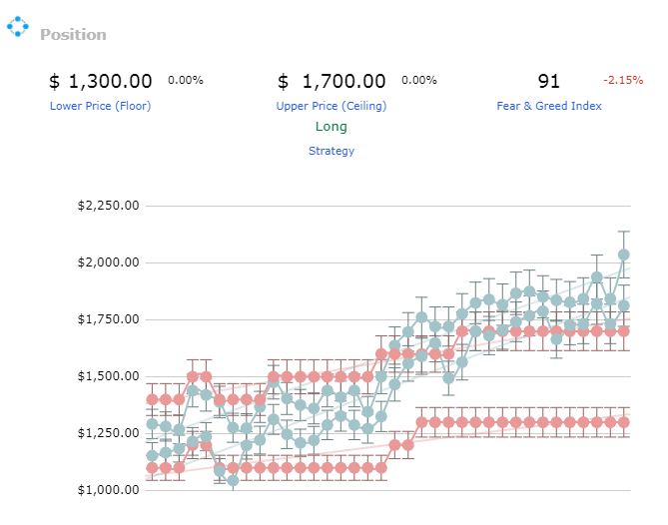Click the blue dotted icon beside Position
17,26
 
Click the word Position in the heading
73,35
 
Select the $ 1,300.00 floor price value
101,81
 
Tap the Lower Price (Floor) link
101,106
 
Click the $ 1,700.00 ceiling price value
332,81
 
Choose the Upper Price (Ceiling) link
332,106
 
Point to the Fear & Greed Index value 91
548,81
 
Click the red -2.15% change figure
623,80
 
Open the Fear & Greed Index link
549,106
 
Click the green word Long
332,127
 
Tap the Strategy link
332,151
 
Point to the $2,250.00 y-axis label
108,206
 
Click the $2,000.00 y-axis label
108,262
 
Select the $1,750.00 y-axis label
108,319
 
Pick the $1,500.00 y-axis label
108,376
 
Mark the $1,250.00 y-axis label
108,433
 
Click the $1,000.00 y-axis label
108,490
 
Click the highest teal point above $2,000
624,256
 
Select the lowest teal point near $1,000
233,481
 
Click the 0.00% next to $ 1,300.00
186,80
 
